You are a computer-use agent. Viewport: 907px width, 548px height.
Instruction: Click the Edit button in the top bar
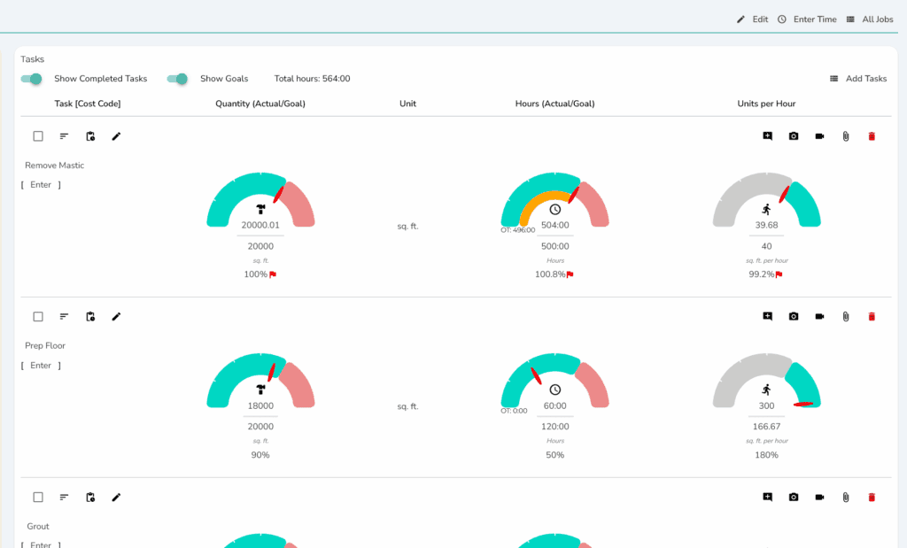pos(753,19)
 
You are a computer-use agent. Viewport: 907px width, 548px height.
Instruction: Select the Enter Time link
pos(807,19)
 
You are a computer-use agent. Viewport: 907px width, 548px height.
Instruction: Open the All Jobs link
pos(870,19)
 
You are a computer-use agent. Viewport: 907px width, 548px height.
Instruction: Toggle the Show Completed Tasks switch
pos(31,79)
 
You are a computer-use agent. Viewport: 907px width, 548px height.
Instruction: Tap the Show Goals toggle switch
pos(177,79)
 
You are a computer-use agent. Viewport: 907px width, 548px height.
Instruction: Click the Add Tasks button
pos(858,79)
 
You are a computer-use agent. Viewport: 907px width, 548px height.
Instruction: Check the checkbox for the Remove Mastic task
pos(38,136)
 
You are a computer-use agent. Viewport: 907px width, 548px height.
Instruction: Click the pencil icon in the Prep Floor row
pos(116,317)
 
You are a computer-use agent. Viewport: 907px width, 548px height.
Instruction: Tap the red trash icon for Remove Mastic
pos(872,136)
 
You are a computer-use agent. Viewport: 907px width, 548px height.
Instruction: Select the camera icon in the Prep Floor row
pos(794,317)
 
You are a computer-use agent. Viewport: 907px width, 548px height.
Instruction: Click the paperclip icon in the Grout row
pos(846,498)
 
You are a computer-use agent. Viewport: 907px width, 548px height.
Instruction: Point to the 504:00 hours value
pos(554,226)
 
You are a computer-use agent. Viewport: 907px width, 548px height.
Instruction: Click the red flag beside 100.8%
pos(570,274)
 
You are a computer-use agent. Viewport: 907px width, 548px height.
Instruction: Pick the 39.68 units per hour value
pos(766,226)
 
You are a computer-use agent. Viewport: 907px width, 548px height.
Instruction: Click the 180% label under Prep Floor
pos(766,455)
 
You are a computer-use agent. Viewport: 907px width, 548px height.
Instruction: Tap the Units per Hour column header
pos(766,104)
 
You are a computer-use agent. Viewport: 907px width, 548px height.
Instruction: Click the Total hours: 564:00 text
pos(313,79)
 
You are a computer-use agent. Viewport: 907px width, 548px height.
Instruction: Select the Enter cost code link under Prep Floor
pos(41,366)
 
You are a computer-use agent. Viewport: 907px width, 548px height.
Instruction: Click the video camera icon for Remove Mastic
pos(819,136)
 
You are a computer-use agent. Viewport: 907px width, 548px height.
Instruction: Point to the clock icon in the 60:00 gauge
pos(555,390)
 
